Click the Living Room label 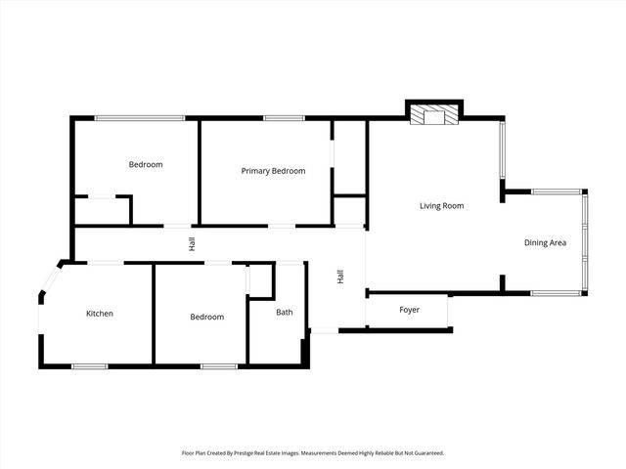click(441, 206)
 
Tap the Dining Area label click(545, 242)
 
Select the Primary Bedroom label click(273, 171)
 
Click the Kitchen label click(100, 314)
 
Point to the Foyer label click(409, 310)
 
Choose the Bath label click(284, 313)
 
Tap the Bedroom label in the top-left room click(146, 164)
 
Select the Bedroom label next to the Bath click(206, 317)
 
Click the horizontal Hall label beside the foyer click(340, 277)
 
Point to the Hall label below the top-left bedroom click(193, 243)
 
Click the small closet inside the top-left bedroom click(103, 210)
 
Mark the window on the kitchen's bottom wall click(89, 366)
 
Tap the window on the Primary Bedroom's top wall click(284, 118)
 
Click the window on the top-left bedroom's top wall click(139, 118)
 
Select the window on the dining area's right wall click(585, 242)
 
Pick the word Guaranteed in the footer click(426, 453)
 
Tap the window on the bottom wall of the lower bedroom click(219, 366)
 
